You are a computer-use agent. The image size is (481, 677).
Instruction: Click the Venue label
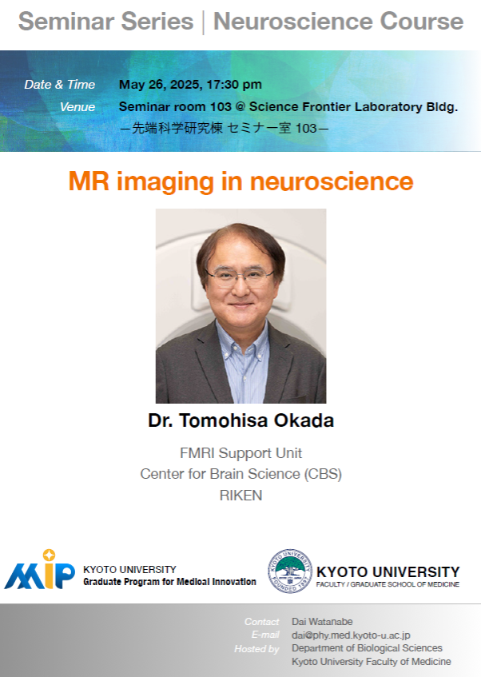click(78, 107)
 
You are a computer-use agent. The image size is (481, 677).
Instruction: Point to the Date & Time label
click(60, 85)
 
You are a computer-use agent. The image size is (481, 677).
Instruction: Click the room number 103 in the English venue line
click(221, 106)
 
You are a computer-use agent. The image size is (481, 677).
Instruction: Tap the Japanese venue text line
click(224, 128)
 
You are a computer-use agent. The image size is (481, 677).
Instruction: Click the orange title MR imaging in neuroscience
click(241, 181)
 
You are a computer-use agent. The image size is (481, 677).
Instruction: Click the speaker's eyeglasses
click(240, 276)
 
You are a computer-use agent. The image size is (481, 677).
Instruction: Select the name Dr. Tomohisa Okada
click(241, 420)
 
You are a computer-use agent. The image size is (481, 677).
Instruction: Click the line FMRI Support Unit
click(241, 453)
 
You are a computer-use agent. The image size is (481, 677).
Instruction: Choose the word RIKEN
click(241, 496)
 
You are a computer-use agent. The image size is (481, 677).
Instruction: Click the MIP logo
click(39, 570)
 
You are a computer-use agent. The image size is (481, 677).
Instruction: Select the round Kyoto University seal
click(290, 571)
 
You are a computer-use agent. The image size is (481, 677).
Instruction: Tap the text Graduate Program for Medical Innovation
click(169, 582)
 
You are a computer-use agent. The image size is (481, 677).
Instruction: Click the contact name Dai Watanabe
click(322, 622)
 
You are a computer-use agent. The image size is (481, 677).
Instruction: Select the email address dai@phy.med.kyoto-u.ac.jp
click(351, 635)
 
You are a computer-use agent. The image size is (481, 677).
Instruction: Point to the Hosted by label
click(256, 649)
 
